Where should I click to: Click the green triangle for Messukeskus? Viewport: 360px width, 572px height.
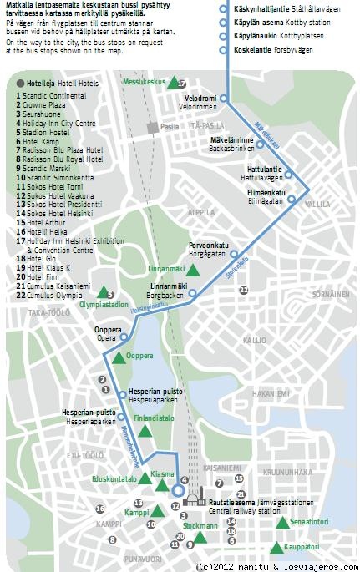tap(172, 83)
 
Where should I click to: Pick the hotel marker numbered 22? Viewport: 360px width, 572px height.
tap(244, 290)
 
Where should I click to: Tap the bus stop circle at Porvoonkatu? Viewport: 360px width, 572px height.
tap(234, 254)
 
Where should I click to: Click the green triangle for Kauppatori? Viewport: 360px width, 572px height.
tap(276, 548)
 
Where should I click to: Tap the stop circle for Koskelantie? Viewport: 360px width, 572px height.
tap(223, 48)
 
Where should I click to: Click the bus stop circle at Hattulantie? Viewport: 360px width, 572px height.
tap(289, 175)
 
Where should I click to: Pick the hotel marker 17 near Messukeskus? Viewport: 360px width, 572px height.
tap(181, 84)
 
